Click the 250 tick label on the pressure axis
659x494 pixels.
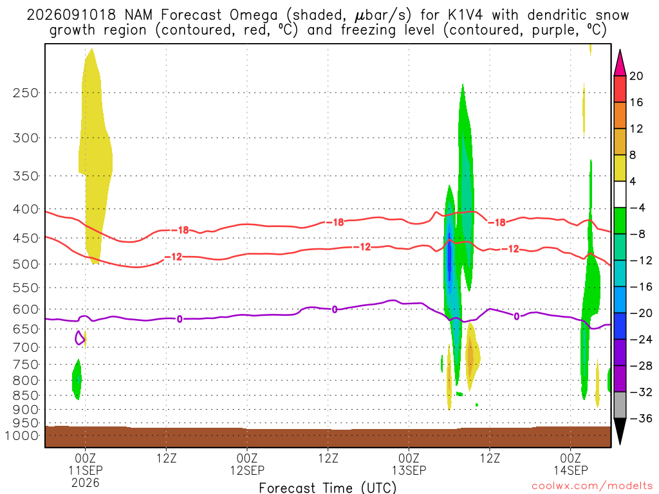point(26,93)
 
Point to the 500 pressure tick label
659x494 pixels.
point(26,264)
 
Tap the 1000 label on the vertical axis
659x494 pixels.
point(22,435)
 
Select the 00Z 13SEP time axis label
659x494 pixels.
point(409,464)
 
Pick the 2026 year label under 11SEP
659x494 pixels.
point(86,482)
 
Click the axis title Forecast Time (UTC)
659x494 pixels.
point(328,488)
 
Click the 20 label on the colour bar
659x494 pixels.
point(636,76)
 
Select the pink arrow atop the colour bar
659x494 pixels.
point(620,63)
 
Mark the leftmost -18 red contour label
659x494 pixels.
point(183,230)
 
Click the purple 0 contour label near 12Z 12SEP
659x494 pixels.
point(335,309)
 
